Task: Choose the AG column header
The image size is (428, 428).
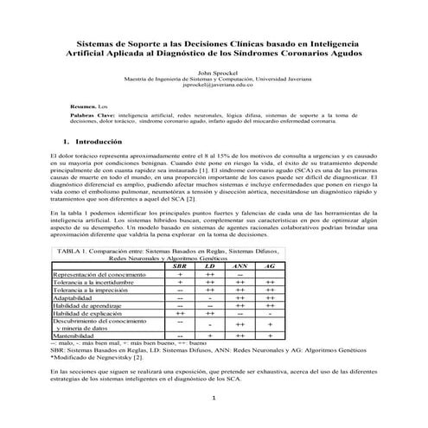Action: click(x=270, y=241)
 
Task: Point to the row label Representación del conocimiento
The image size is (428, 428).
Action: click(x=100, y=249)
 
